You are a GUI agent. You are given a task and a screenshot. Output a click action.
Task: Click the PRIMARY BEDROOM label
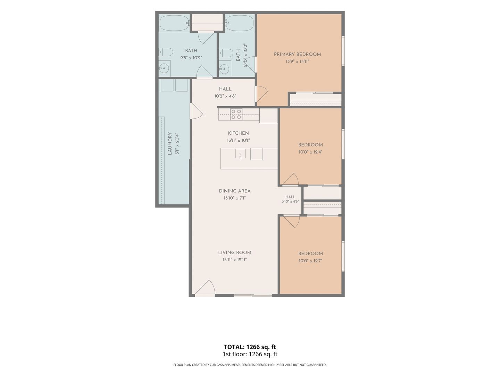(x=297, y=55)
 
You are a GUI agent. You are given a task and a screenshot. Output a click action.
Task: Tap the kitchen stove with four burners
(x=236, y=114)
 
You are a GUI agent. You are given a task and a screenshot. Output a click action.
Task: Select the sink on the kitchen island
(x=240, y=154)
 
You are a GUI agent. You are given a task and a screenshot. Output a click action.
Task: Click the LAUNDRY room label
(x=170, y=144)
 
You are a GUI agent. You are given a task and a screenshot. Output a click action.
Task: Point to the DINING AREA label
(x=235, y=191)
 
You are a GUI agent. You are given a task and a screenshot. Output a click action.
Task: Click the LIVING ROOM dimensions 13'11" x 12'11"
(x=235, y=260)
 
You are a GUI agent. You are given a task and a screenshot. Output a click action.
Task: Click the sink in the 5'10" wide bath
(x=225, y=69)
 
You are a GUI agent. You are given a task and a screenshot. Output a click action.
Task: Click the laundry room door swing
(x=197, y=111)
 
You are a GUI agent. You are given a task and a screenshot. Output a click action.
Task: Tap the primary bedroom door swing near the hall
(x=262, y=94)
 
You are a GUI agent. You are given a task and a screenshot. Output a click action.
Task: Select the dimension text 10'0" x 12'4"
(x=310, y=152)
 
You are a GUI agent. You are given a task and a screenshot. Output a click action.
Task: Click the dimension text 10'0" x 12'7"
(x=310, y=261)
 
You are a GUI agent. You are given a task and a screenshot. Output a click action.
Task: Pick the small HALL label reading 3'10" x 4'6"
(x=290, y=199)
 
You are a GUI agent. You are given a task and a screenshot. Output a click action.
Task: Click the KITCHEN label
(x=238, y=133)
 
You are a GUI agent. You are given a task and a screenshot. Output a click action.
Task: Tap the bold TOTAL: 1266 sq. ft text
(x=250, y=347)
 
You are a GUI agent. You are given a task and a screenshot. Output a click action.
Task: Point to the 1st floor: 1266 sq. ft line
(x=250, y=354)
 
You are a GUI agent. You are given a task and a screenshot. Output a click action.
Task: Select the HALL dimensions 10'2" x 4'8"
(x=225, y=96)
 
